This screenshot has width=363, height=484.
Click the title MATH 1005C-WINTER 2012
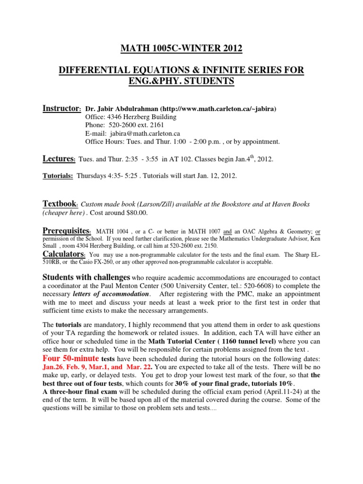point(181,48)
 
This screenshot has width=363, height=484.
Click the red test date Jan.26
point(53,367)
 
